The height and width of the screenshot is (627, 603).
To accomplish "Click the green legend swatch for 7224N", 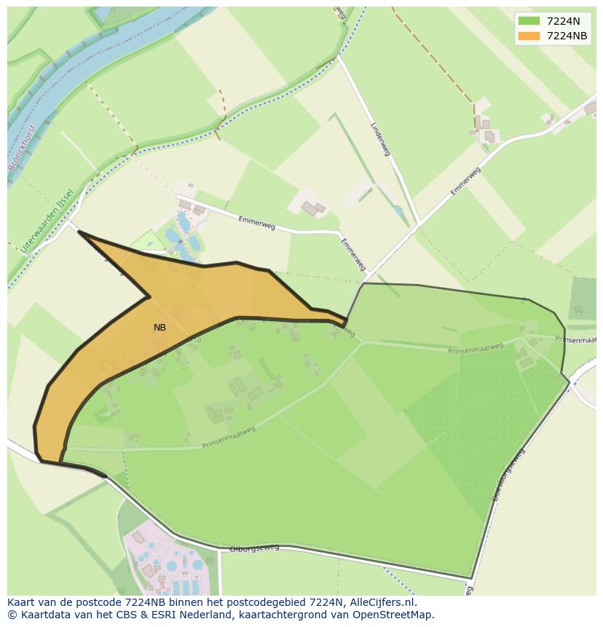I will pos(529,21).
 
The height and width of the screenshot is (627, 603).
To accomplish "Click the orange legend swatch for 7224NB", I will pos(529,36).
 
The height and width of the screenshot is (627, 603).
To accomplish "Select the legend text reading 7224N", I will pos(564,21).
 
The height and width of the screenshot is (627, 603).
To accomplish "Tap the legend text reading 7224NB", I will pos(567,36).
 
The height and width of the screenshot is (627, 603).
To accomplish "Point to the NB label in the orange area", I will pos(159,328).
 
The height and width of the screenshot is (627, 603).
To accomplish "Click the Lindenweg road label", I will pos(381,138).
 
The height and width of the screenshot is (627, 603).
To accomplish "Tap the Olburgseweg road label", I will pos(250,548).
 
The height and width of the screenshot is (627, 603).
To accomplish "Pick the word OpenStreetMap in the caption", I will pos(398,615).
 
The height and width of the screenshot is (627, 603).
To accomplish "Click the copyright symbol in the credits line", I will pos(12,615).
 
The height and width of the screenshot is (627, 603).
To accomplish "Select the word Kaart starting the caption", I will pos(21,602).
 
